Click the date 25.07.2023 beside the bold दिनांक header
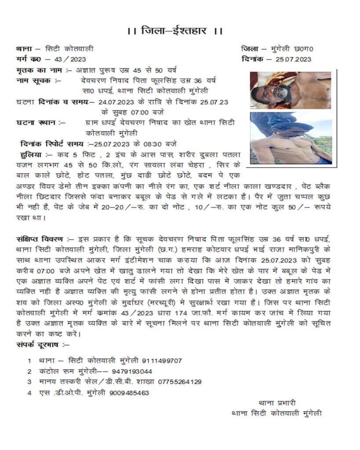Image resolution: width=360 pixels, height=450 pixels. (x=294, y=59)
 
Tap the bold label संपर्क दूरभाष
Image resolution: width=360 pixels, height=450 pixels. (x=40, y=345)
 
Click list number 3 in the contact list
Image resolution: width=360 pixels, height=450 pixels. (x=29, y=382)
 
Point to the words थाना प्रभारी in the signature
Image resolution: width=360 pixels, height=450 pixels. (x=277, y=402)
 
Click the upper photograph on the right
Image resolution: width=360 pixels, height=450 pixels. (x=291, y=90)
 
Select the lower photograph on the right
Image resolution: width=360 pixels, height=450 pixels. (x=291, y=138)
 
